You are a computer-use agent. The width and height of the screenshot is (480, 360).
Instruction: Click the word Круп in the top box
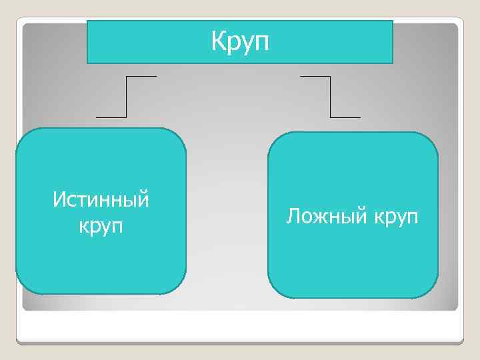(x=240, y=41)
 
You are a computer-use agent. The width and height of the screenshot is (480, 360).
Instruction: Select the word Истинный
(x=101, y=199)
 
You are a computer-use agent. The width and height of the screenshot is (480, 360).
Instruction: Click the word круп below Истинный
(x=101, y=226)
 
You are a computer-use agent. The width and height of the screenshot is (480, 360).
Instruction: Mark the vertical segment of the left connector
(x=126, y=97)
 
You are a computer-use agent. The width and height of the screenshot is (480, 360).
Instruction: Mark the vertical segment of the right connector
(x=330, y=97)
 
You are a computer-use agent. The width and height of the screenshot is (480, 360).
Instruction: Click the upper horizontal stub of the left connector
(x=141, y=76)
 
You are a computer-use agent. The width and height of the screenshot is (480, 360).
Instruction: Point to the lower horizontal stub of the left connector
(x=111, y=117)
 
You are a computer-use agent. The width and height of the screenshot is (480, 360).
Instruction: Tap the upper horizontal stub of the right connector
(x=315, y=76)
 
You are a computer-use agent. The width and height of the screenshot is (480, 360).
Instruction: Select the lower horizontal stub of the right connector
(x=345, y=117)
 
